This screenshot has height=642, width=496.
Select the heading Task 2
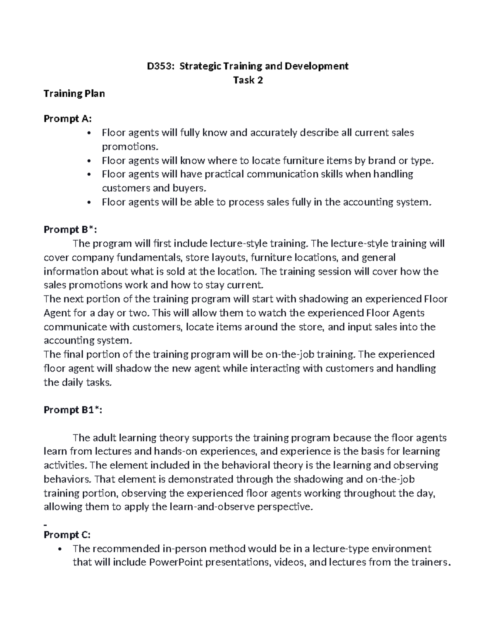pyautogui.click(x=248, y=80)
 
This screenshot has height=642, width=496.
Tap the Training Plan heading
pyautogui.click(x=74, y=94)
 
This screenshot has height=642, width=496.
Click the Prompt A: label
pyautogui.click(x=67, y=119)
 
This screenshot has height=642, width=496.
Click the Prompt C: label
pyautogui.click(x=67, y=535)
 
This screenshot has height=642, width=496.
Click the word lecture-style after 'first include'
pyautogui.click(x=236, y=244)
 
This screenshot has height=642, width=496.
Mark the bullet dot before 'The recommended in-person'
pyautogui.click(x=60, y=549)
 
